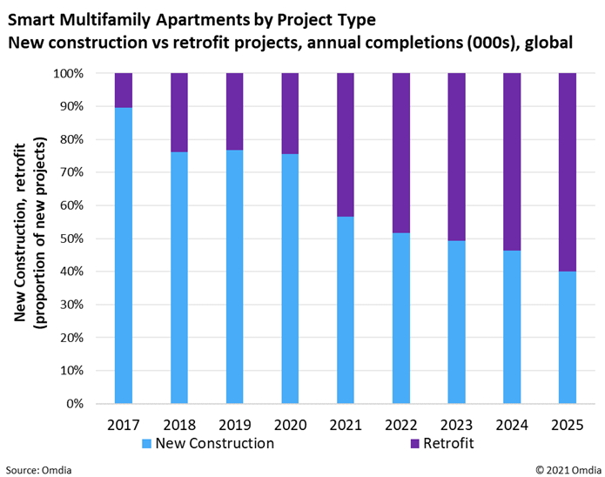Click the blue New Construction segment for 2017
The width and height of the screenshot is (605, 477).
[123, 255]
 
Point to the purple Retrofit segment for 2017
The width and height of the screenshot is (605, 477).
[123, 91]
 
